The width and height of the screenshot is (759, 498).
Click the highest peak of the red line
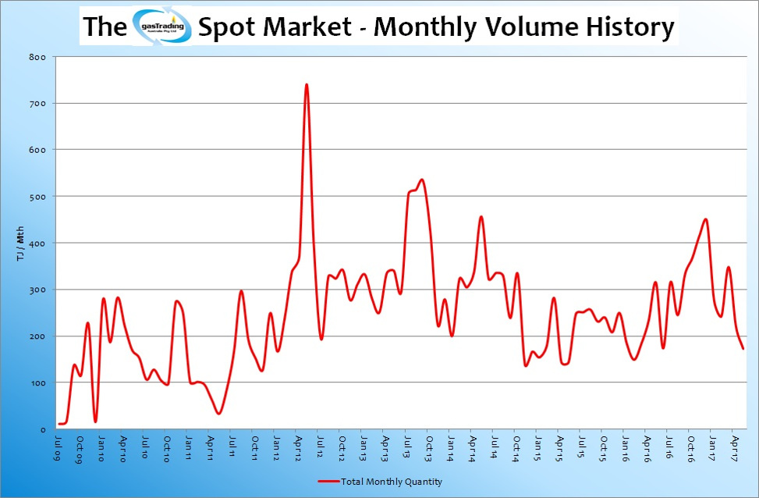pyautogui.click(x=307, y=84)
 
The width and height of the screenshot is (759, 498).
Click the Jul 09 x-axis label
pyautogui.click(x=59, y=448)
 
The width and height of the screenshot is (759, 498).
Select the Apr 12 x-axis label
pyautogui.click(x=298, y=448)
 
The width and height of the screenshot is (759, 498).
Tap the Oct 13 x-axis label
pyautogui.click(x=428, y=448)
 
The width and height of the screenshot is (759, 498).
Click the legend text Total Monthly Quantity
pyautogui.click(x=392, y=482)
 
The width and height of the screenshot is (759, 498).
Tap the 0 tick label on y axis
pyautogui.click(x=43, y=430)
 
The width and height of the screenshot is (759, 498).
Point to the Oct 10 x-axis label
pyautogui.click(x=168, y=448)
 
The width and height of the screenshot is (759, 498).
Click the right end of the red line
pyautogui.click(x=743, y=348)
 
